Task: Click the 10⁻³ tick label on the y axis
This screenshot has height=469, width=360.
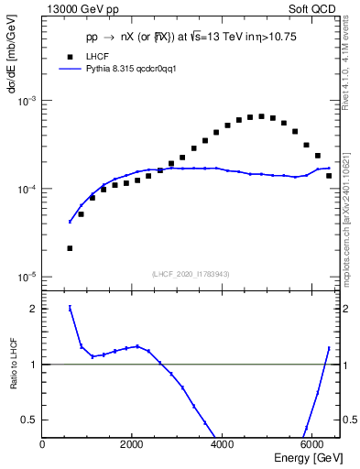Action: [x=28, y=101]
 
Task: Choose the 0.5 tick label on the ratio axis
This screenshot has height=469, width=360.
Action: [x=31, y=420]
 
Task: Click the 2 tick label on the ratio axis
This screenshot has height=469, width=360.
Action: [x=33, y=309]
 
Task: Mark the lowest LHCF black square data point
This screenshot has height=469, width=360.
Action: [x=70, y=248]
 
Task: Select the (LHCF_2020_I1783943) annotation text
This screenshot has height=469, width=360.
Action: [x=191, y=273]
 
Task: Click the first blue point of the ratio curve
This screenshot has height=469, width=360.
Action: [x=70, y=308]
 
